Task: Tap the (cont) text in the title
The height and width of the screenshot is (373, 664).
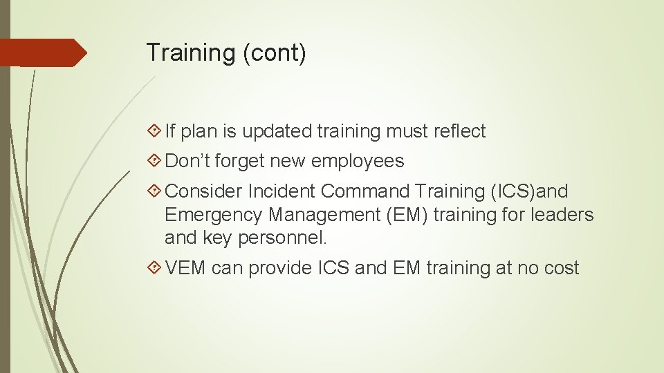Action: click(x=274, y=53)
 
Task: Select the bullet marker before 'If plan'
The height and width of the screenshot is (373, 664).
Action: click(x=156, y=131)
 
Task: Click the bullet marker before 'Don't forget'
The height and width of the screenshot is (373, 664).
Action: click(x=156, y=162)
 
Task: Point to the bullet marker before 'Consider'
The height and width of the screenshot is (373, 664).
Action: click(x=156, y=191)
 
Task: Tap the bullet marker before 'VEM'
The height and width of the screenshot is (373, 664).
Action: click(x=156, y=268)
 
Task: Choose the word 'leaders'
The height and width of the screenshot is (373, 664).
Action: click(x=562, y=215)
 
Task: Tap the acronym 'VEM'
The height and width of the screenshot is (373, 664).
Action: click(x=186, y=268)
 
